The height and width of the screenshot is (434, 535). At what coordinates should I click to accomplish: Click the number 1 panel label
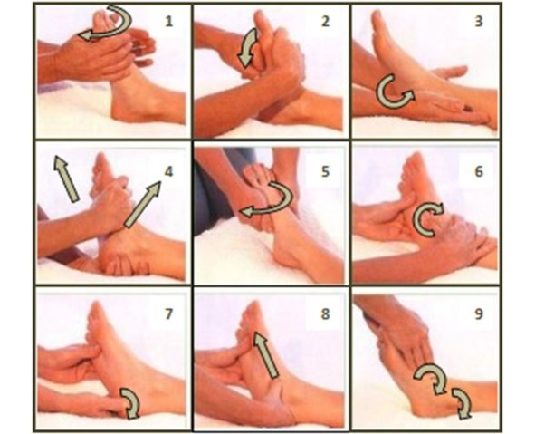169,22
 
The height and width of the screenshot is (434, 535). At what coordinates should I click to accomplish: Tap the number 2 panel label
326,22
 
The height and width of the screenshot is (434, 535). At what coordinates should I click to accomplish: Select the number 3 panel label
479,21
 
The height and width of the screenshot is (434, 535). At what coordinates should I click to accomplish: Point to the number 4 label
169,171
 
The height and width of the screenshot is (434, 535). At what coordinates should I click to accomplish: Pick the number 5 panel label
326,171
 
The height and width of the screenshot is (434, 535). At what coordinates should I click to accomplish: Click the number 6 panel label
479,171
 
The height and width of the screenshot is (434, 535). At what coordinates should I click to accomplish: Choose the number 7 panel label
169,314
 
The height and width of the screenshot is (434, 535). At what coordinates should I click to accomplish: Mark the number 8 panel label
326,314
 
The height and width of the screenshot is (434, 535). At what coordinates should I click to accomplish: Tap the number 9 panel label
479,314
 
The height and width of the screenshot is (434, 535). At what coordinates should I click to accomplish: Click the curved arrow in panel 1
126,27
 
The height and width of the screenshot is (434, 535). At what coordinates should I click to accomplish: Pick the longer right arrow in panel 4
143,204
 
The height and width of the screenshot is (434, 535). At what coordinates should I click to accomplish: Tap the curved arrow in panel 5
288,201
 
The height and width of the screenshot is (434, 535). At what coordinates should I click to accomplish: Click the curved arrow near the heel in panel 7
136,400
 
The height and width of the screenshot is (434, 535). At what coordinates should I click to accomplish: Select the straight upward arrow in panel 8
266,355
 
